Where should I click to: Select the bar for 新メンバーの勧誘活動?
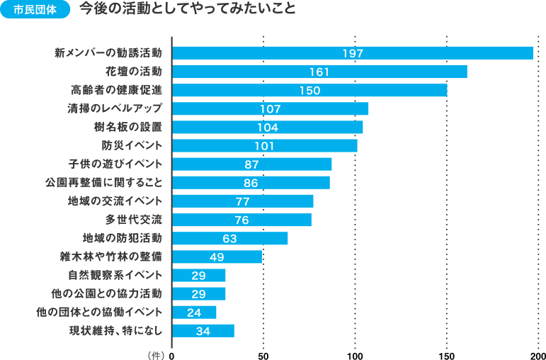[x=352, y=53]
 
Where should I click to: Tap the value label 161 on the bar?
[x=319, y=72]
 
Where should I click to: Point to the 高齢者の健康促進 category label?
[x=117, y=90]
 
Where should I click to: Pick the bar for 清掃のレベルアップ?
[x=270, y=108]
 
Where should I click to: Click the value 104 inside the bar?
[x=268, y=127]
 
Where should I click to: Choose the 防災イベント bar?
[x=264, y=145]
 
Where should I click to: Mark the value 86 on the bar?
[x=250, y=183]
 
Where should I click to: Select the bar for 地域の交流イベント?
[x=242, y=201]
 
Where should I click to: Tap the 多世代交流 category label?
[x=134, y=220]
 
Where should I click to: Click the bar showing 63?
[x=229, y=238]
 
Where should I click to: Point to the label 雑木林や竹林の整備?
[x=111, y=257]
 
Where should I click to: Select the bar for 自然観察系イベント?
[x=198, y=275]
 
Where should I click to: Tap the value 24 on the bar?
[x=194, y=312]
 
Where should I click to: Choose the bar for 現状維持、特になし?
[x=203, y=330]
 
